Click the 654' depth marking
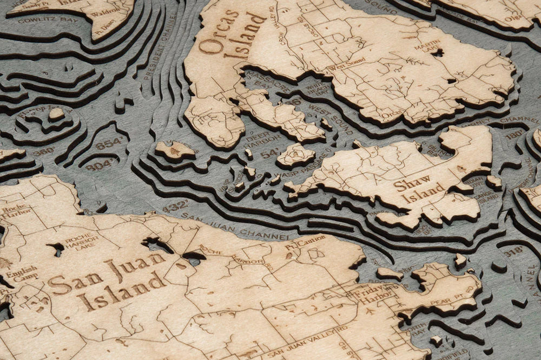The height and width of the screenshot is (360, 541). pos(109,144)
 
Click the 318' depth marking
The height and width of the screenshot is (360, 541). pos(512,250)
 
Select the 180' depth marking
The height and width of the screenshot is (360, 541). pos(515,134)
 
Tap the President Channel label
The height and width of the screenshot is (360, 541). pos(161,49)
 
